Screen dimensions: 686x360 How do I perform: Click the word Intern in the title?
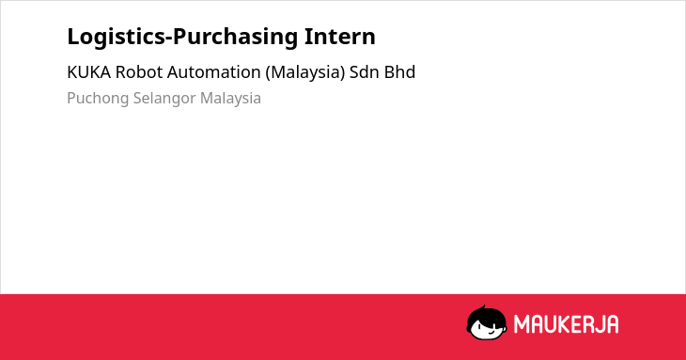coord(340,37)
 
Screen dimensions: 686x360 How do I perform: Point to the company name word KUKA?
coord(89,72)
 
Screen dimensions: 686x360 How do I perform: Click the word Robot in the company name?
coord(139,72)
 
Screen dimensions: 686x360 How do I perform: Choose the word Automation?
coord(214,72)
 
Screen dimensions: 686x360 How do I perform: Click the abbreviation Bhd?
coord(399,72)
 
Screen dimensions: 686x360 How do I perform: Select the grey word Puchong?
coord(98,99)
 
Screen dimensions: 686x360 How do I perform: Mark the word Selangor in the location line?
coord(164,99)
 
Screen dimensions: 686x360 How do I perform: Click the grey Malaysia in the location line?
coord(230,99)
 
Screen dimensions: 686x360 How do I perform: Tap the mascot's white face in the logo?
coord(487,329)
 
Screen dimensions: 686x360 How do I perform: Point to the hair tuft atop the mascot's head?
coord(483,307)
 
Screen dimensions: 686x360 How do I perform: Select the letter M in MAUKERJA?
coord(522,324)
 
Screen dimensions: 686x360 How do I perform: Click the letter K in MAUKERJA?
coord(567,324)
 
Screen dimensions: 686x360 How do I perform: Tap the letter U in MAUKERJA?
coord(553,324)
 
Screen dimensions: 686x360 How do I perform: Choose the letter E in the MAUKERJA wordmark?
coord(581,324)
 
